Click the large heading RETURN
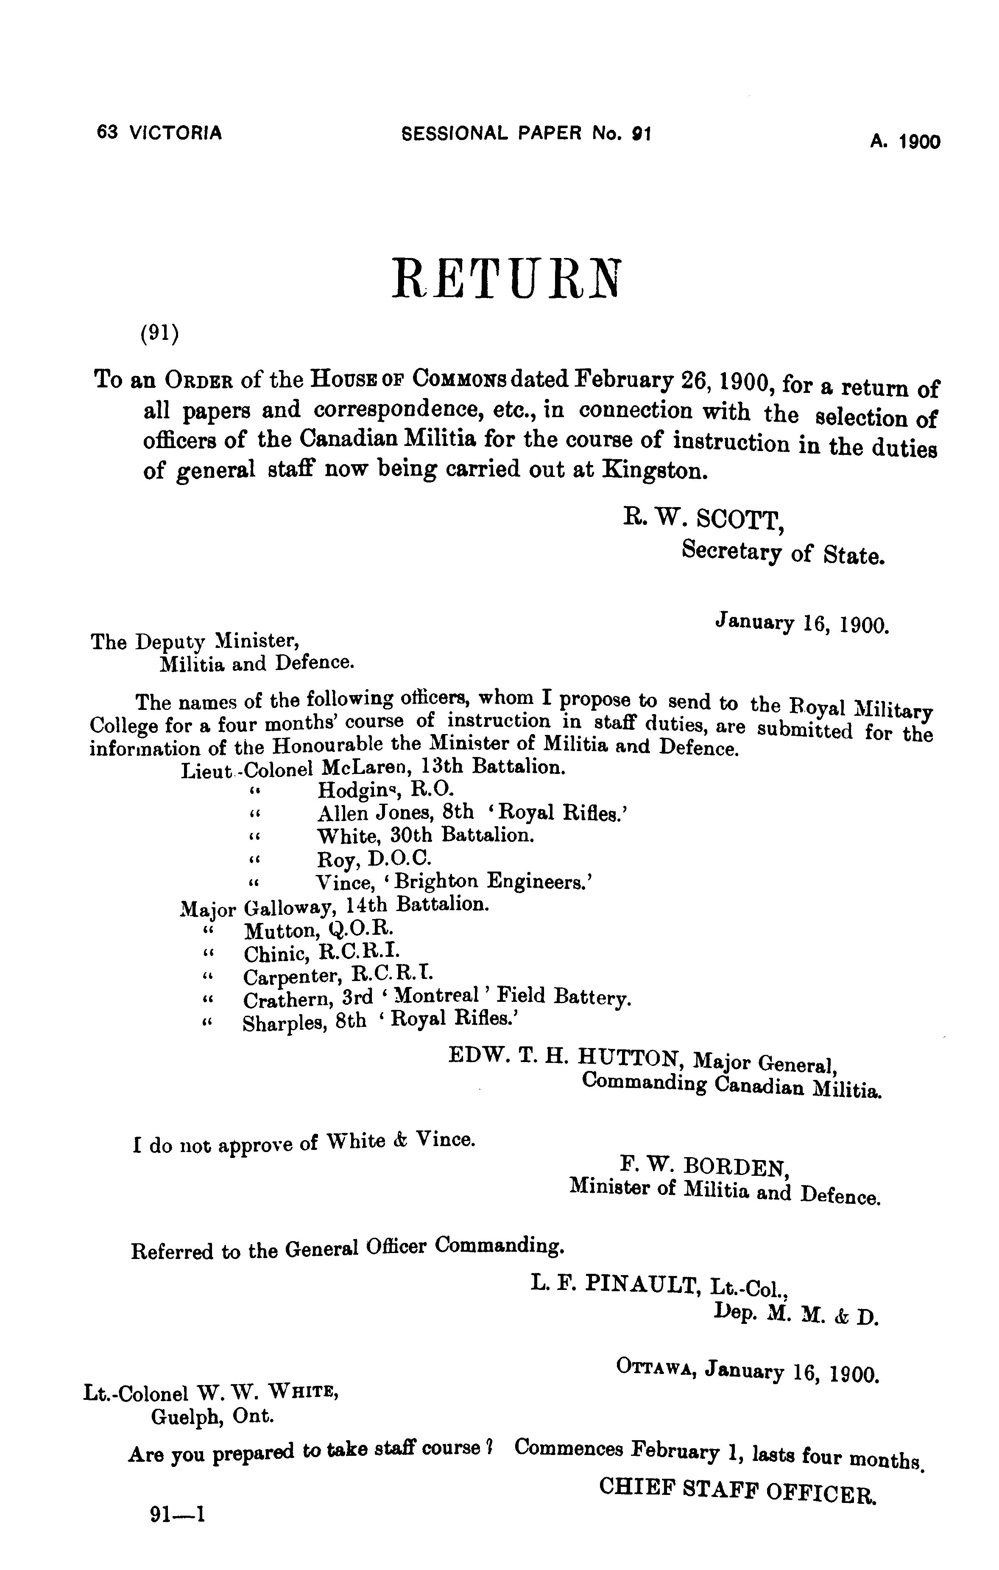506,279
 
